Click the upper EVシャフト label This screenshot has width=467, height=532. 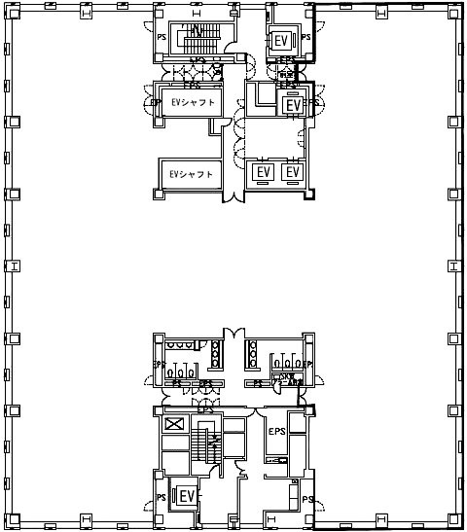click(x=192, y=102)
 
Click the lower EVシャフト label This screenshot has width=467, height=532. click(x=191, y=175)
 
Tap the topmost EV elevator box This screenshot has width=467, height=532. click(x=281, y=40)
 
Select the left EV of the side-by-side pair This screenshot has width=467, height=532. click(x=262, y=172)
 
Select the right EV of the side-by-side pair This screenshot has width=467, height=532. click(x=292, y=172)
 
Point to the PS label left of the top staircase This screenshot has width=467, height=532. click(x=162, y=38)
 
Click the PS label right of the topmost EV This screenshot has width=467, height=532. click(x=305, y=38)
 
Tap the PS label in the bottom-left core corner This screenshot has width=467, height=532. click(x=160, y=498)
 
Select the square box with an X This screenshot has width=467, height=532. click(x=174, y=425)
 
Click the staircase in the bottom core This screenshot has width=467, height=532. click(x=206, y=448)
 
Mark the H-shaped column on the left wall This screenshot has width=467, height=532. click(x=14, y=266)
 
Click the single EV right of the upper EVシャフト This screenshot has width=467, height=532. click(x=292, y=104)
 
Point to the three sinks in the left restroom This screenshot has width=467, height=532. click(x=182, y=372)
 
